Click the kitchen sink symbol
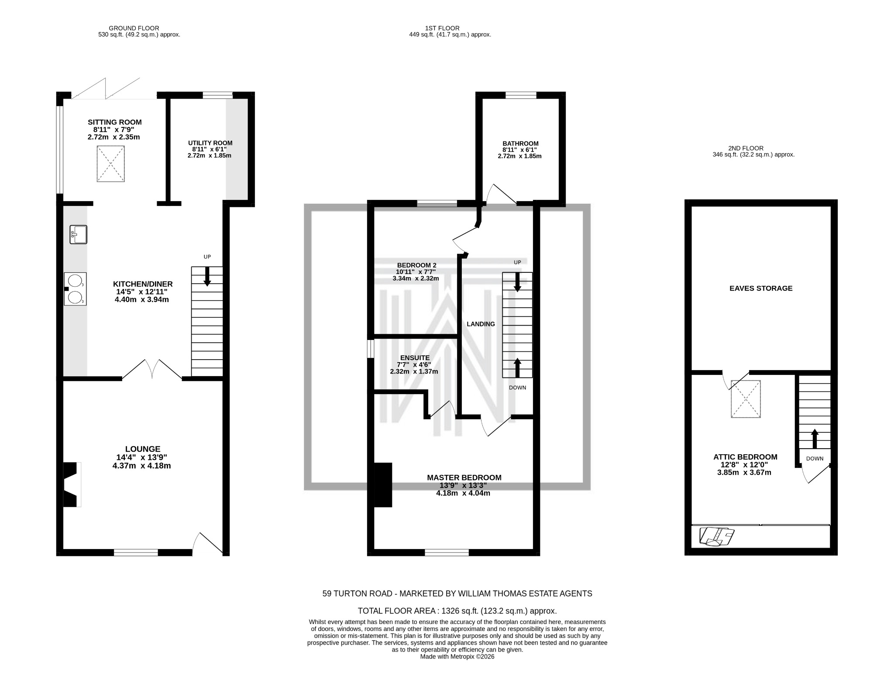point(78,234)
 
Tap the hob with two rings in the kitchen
point(75,289)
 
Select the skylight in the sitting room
point(110,164)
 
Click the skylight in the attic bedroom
point(746,399)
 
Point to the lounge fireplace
point(72,484)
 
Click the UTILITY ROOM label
point(210,143)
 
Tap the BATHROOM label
point(520,143)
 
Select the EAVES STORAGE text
point(760,288)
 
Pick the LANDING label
point(481,324)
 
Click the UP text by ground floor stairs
point(207,257)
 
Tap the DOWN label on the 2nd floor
point(815,458)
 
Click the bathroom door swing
point(501,194)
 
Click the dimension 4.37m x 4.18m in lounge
point(141,466)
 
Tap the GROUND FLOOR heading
point(134,28)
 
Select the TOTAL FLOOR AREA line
point(457,611)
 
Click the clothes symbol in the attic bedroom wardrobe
point(716,536)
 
